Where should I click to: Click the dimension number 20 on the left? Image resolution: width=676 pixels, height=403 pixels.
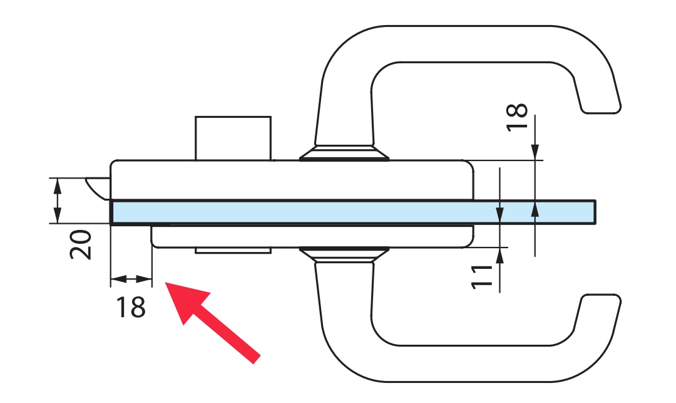point(81,244)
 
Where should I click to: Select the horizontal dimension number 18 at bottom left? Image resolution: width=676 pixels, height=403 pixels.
point(131,307)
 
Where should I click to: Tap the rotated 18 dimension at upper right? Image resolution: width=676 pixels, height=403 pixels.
point(517,117)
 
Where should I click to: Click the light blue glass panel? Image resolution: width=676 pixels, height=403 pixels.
point(351,212)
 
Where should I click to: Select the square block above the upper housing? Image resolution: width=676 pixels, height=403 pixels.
point(233,138)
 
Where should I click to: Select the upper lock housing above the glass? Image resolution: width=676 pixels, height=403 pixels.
point(291,180)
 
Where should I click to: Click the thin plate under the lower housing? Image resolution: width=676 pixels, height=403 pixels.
point(233,250)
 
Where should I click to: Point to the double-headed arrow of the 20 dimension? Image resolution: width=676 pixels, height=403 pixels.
point(57,201)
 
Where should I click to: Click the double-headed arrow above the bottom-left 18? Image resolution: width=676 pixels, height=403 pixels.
point(131,280)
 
